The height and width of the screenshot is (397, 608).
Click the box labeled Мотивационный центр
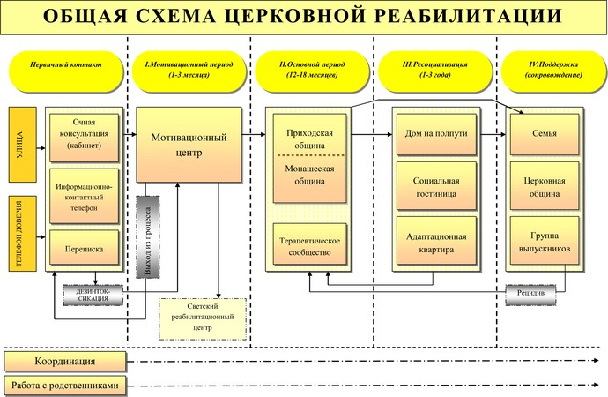(x=189, y=145)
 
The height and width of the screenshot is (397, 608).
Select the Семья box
(x=544, y=134)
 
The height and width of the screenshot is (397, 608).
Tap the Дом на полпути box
(x=436, y=134)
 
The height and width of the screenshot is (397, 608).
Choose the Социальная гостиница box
(x=436, y=186)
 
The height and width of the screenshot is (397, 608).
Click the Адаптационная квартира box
(x=436, y=241)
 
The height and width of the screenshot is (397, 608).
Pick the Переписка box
(x=84, y=248)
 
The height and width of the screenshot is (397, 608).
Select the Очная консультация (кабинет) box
(x=84, y=138)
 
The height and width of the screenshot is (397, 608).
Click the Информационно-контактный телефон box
(x=84, y=197)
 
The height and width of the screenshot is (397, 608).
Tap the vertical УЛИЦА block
(x=23, y=145)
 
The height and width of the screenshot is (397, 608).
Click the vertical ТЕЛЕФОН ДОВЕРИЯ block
(x=23, y=234)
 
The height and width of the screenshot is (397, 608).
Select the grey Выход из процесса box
(x=148, y=237)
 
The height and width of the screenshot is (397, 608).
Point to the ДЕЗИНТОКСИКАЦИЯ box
(x=93, y=296)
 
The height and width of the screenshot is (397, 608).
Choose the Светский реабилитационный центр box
(x=203, y=319)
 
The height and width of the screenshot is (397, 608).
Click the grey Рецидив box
(x=530, y=295)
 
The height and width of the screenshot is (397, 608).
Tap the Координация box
(x=65, y=362)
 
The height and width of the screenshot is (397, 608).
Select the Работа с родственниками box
(x=65, y=386)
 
